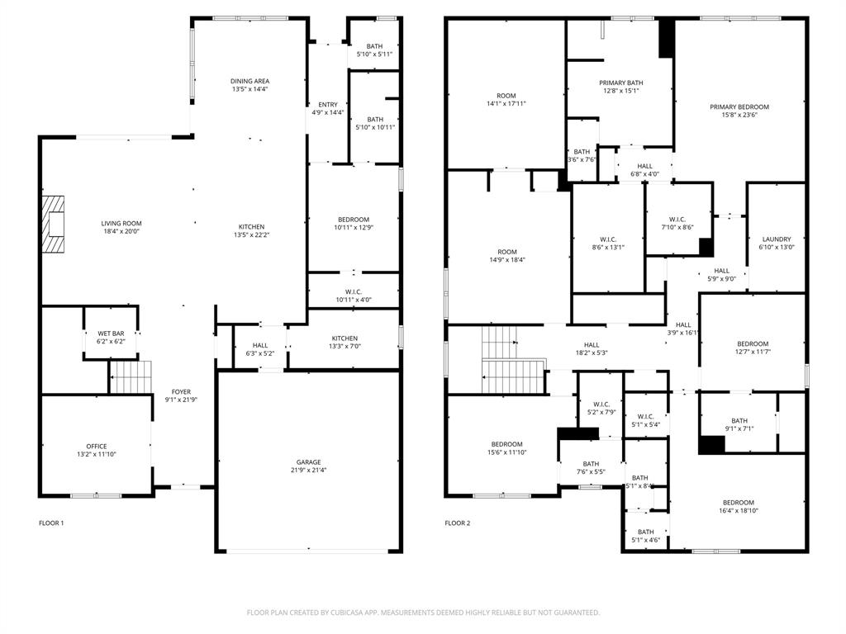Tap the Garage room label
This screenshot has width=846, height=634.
309,462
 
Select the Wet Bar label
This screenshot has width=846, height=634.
111,334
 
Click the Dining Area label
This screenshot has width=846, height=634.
250,81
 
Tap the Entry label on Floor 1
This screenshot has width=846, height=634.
327,105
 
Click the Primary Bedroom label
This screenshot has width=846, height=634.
739,106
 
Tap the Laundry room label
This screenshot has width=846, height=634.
776,239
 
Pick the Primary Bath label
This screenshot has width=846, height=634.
620,83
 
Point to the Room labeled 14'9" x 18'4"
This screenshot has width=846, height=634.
506,252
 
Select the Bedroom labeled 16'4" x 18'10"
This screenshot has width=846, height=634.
738,503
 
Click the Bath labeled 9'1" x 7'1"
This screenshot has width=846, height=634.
739,420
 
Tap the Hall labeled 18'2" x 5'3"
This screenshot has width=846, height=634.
592,345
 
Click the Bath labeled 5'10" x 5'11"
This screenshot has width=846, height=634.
375,46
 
